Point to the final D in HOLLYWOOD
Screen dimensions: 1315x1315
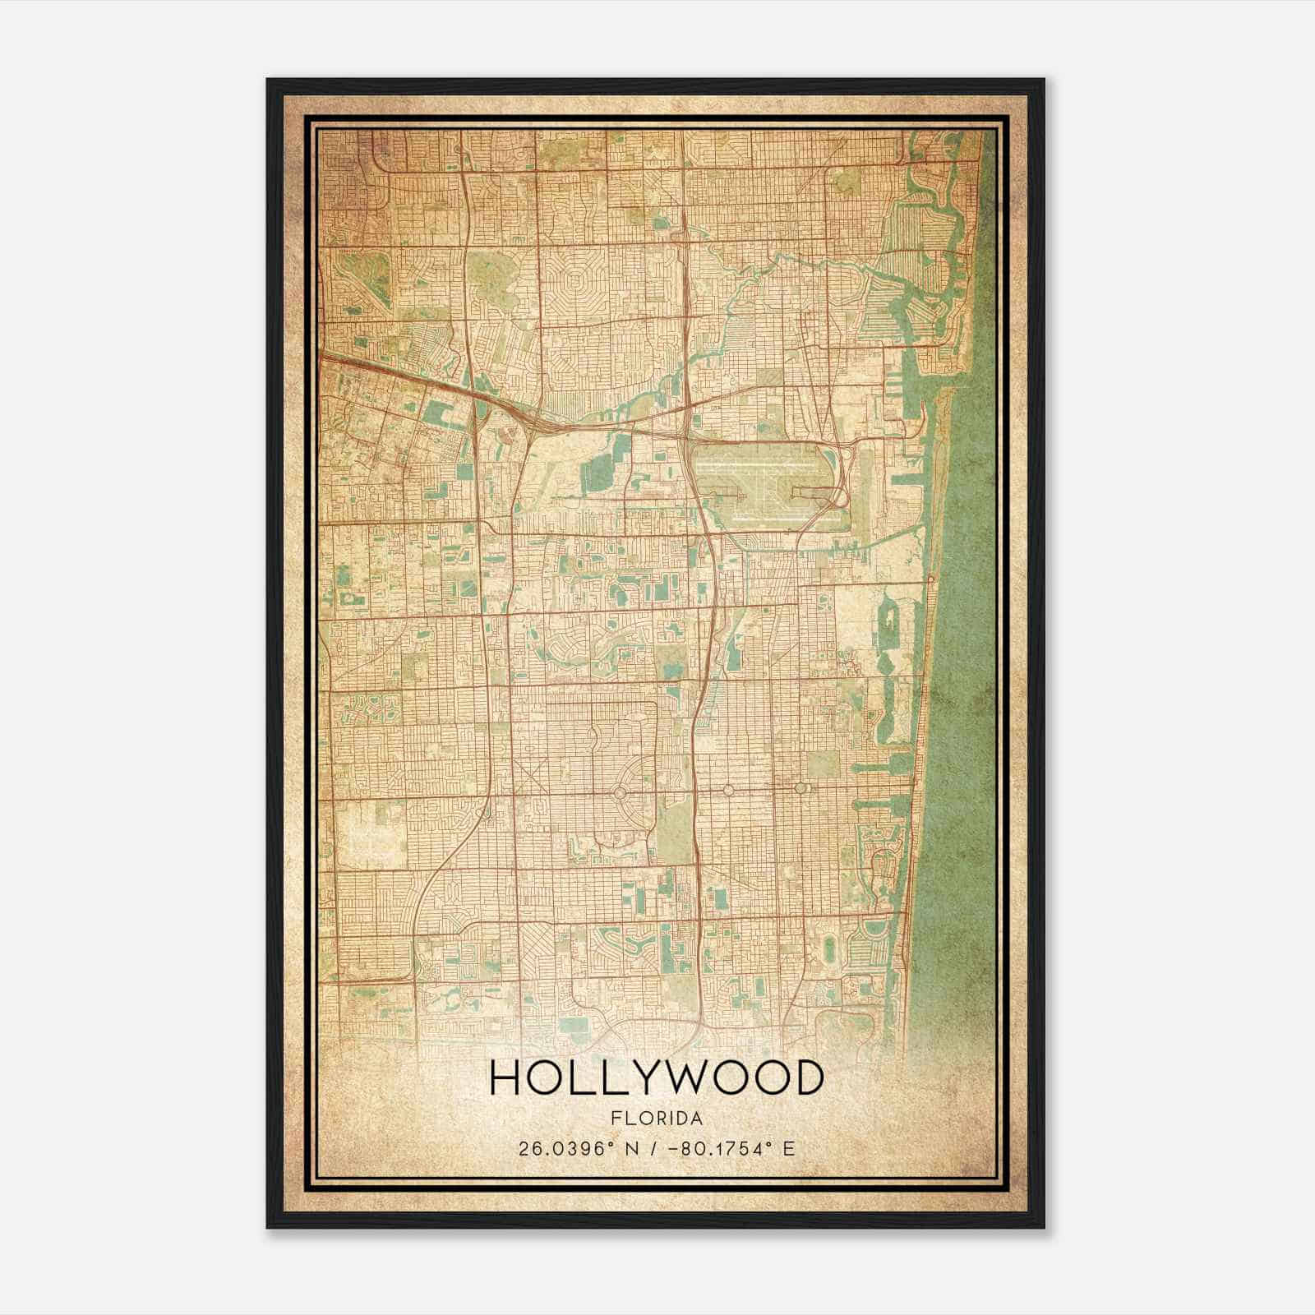(808, 1078)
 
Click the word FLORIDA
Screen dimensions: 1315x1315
(657, 1119)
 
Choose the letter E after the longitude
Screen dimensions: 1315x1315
(788, 1148)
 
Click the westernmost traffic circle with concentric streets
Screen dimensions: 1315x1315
(619, 792)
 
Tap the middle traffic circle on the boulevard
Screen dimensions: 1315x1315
(728, 790)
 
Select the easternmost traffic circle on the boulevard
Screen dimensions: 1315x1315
(801, 788)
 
